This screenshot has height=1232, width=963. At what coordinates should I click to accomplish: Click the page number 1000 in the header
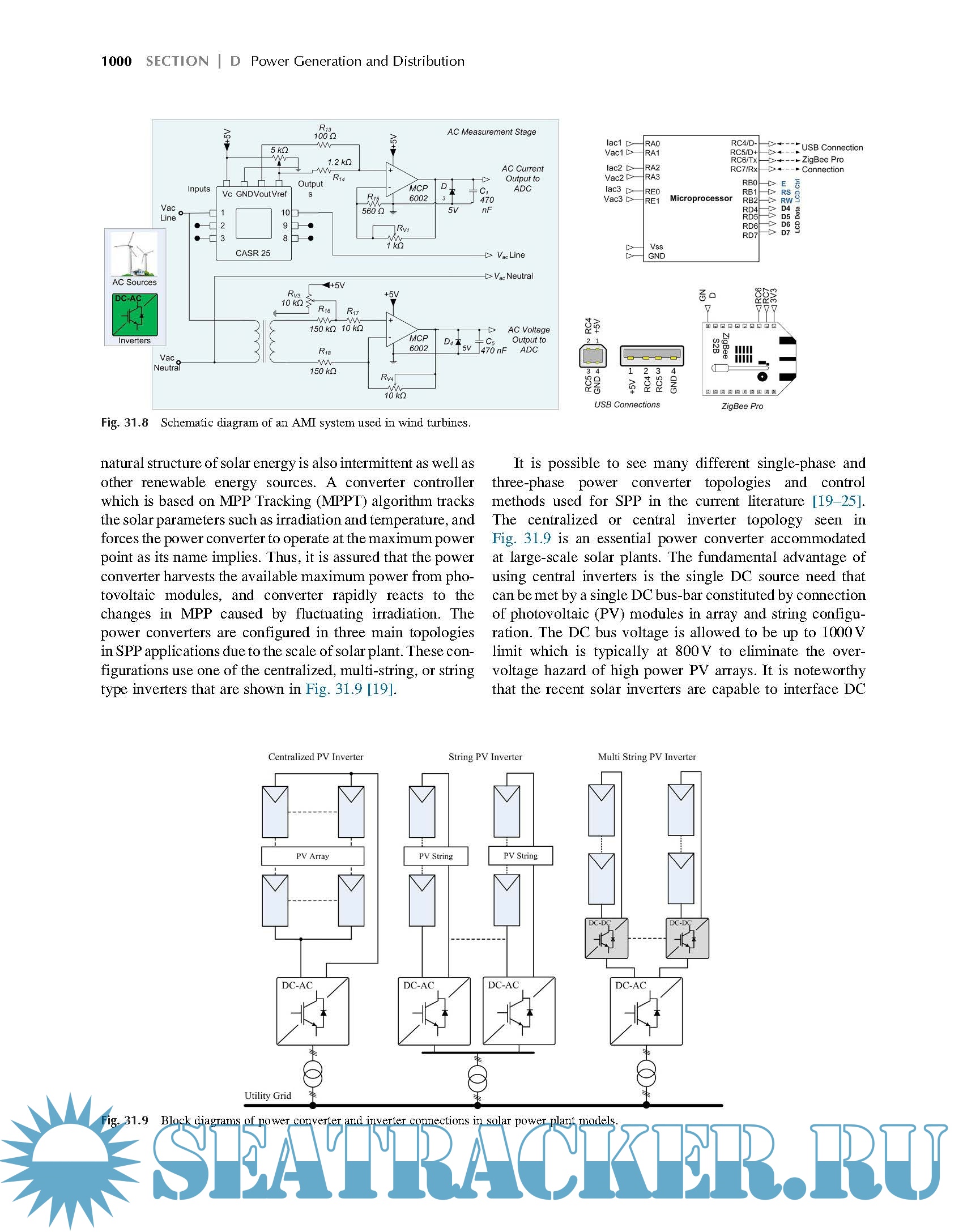pyautogui.click(x=116, y=61)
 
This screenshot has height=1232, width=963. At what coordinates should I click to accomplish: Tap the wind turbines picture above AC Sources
pyautogui.click(x=134, y=254)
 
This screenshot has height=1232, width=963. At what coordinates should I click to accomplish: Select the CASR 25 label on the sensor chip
pyautogui.click(x=253, y=253)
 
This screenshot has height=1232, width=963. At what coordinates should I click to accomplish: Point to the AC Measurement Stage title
pyautogui.click(x=491, y=132)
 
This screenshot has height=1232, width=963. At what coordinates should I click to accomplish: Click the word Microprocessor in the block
pyautogui.click(x=701, y=198)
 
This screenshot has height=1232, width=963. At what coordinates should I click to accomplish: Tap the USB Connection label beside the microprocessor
pyautogui.click(x=832, y=147)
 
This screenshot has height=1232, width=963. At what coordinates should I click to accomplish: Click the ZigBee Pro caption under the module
pyautogui.click(x=742, y=406)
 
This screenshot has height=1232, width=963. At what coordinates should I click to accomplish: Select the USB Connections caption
pyautogui.click(x=627, y=404)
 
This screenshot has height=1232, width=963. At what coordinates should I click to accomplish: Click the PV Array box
pyautogui.click(x=312, y=856)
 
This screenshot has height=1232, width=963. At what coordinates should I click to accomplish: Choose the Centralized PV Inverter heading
pyautogui.click(x=316, y=757)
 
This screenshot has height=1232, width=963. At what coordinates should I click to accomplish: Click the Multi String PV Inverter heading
pyautogui.click(x=646, y=757)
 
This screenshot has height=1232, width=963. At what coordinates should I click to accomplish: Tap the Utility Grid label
pyautogui.click(x=267, y=1095)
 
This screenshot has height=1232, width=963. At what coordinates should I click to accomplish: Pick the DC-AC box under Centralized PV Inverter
pyautogui.click(x=313, y=1011)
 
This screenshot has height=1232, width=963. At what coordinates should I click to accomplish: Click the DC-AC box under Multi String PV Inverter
pyautogui.click(x=646, y=1011)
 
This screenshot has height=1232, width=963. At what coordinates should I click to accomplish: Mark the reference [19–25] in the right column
pyautogui.click(x=837, y=501)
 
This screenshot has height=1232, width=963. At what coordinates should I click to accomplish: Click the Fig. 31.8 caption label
pyautogui.click(x=124, y=423)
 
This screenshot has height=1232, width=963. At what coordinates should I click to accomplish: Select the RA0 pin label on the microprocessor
pyautogui.click(x=652, y=144)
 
